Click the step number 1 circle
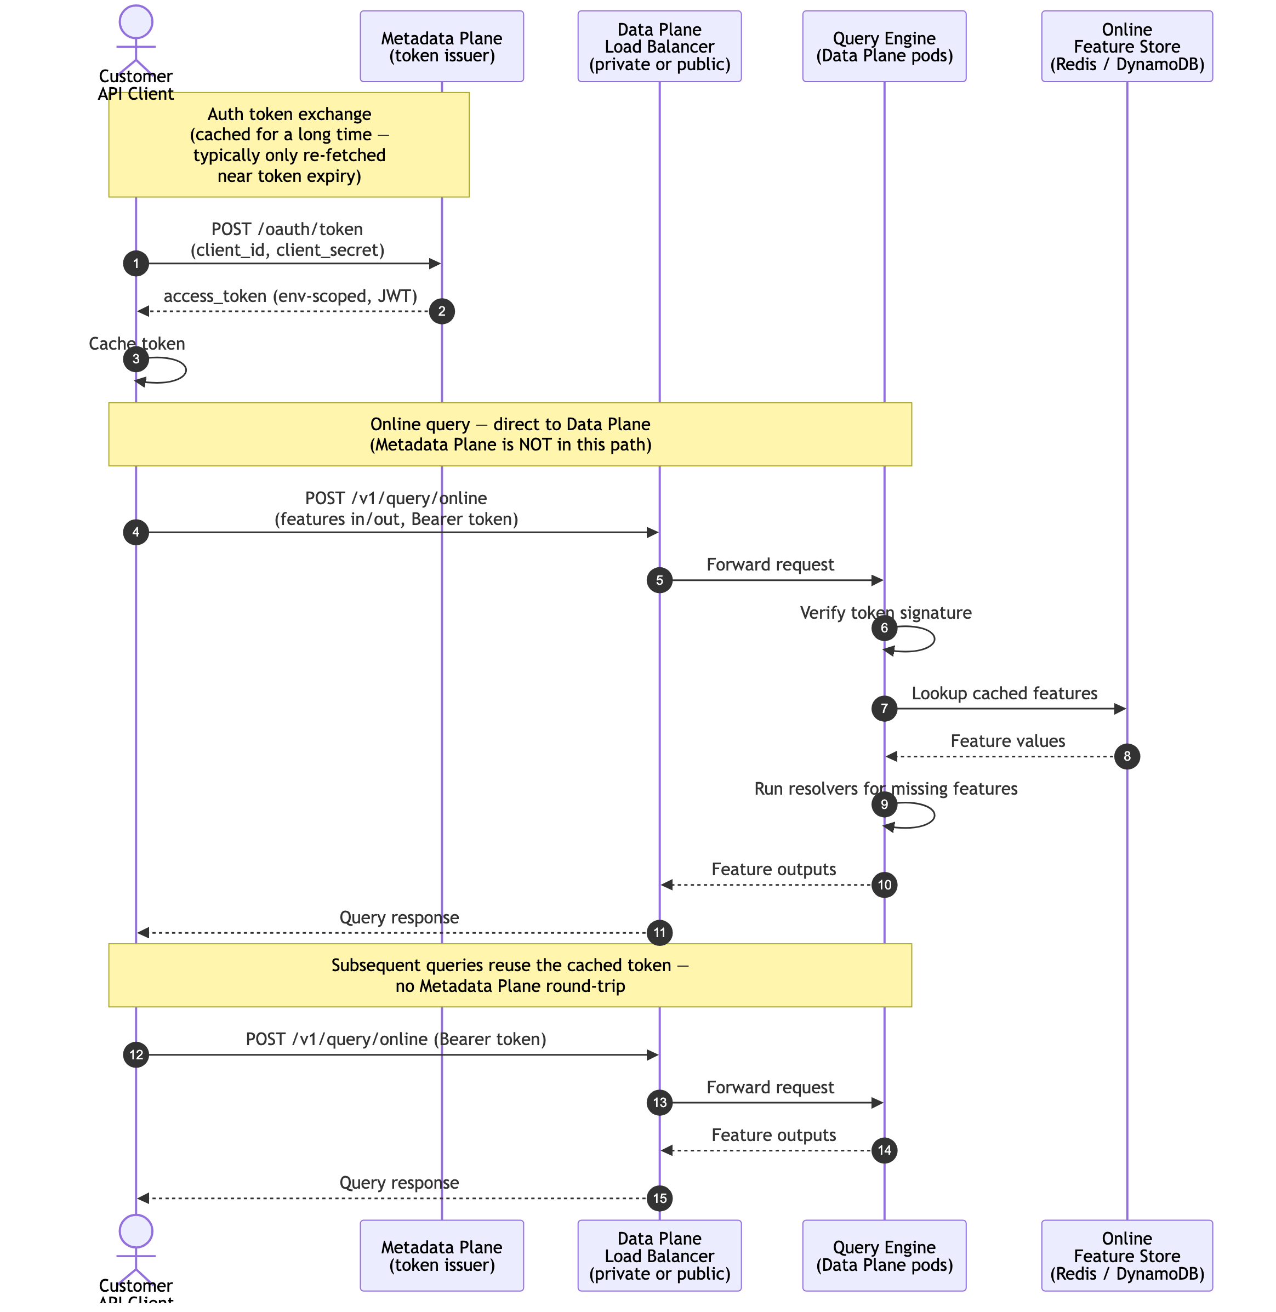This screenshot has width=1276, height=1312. point(136,264)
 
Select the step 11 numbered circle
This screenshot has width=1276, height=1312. point(659,933)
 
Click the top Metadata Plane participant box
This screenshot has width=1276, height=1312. point(442,46)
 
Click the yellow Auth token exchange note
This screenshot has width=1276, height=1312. point(289,145)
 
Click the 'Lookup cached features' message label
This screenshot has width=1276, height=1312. point(1004,693)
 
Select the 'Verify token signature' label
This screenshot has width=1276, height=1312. point(885,613)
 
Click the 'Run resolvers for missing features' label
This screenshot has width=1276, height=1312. point(885,789)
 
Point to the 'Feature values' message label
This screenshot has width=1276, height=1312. point(1007,741)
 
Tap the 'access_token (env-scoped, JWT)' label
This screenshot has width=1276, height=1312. point(290,296)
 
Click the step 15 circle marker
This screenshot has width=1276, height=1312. point(659,1198)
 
